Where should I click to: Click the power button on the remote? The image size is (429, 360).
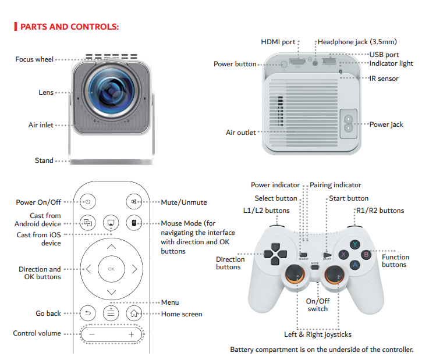click(x=87, y=202)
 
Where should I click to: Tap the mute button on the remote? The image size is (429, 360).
click(x=134, y=202)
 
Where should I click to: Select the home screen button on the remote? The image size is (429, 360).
click(x=134, y=313)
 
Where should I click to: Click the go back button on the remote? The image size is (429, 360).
click(x=87, y=313)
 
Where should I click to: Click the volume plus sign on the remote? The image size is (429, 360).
click(x=131, y=334)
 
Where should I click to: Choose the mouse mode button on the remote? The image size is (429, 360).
click(x=134, y=223)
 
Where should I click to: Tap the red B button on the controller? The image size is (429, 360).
click(x=366, y=254)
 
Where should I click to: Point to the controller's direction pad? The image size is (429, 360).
click(x=274, y=254)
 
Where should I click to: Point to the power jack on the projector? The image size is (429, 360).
click(x=349, y=123)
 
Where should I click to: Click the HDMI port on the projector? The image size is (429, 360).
click(x=298, y=61)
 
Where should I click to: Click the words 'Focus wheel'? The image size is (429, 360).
click(x=34, y=59)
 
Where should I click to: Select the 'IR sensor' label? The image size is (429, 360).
click(x=384, y=79)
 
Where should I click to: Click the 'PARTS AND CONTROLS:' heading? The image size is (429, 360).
click(x=69, y=27)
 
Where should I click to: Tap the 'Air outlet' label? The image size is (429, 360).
click(x=240, y=133)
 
